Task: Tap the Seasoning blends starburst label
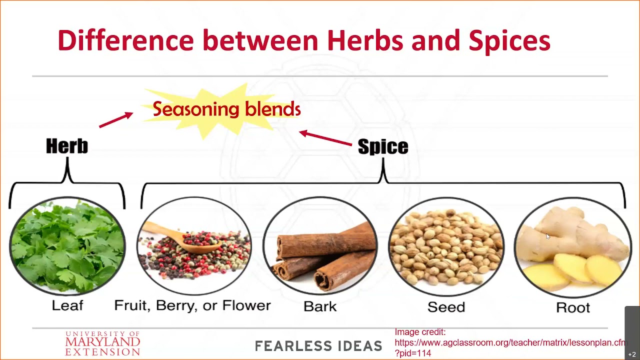[x=226, y=109]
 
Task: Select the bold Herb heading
[x=67, y=146]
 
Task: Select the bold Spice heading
[x=383, y=147]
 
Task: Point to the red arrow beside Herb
[x=115, y=120]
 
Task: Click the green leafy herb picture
[x=67, y=244]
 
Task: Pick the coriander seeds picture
[x=446, y=247]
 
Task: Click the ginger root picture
[x=572, y=247]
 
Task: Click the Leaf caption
[x=67, y=305]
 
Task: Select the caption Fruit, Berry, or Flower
[x=192, y=305]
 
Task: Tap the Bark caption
[x=320, y=306]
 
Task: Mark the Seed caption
[x=446, y=307]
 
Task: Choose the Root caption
[x=572, y=307]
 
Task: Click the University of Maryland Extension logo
[x=102, y=343]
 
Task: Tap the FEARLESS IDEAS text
[x=318, y=345]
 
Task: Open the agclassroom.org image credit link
[x=510, y=343]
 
